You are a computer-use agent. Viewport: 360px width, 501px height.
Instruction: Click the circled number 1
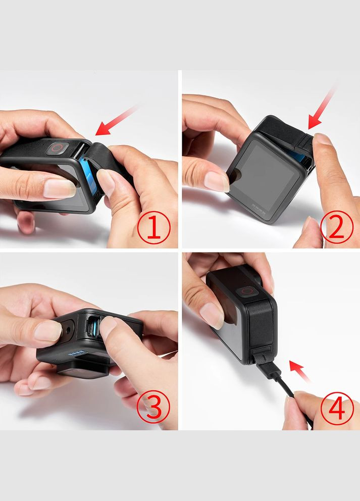click(x=153, y=228)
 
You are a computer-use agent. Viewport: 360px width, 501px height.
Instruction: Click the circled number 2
click(x=337, y=227)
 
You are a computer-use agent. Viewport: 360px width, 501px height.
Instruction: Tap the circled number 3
click(x=153, y=407)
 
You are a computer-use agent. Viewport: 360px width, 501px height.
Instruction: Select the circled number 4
click(x=337, y=409)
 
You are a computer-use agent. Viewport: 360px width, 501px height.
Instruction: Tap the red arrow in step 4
click(x=299, y=371)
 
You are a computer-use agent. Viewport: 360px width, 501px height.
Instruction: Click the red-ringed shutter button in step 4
click(x=246, y=291)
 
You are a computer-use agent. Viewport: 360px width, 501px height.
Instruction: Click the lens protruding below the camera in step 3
click(x=83, y=370)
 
